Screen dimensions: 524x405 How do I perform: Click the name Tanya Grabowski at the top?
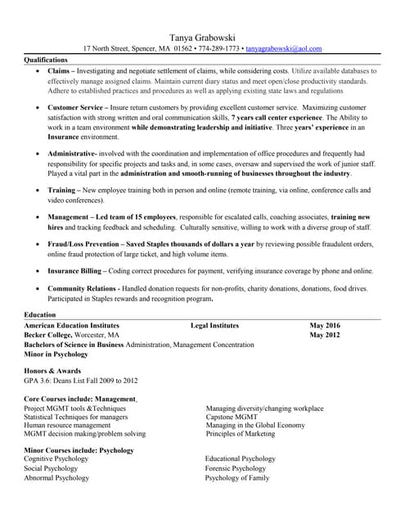pyautogui.click(x=202, y=38)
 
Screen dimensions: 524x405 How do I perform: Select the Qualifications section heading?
pyautogui.click(x=46, y=61)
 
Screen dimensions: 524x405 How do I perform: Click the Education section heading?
pyautogui.click(x=40, y=314)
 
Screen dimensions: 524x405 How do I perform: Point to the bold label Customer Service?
pyautogui.click(x=76, y=107)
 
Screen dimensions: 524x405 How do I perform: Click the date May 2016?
pyautogui.click(x=325, y=325)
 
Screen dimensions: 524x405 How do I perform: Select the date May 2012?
pyautogui.click(x=325, y=335)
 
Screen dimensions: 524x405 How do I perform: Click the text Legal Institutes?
pyautogui.click(x=214, y=325)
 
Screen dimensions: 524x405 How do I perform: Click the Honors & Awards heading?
pyautogui.click(x=52, y=371)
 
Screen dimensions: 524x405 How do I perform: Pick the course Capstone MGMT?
pyautogui.click(x=232, y=417)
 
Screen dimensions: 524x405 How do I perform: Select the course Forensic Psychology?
pyautogui.click(x=235, y=468)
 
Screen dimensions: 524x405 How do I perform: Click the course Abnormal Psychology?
pyautogui.click(x=56, y=477)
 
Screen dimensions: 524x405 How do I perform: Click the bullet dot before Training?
pyautogui.click(x=38, y=190)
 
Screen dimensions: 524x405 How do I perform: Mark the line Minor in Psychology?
pyautogui.click(x=56, y=355)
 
